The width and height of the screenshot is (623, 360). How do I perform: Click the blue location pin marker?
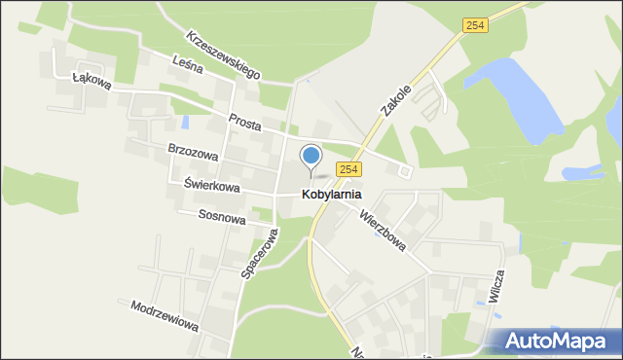tap(311, 157)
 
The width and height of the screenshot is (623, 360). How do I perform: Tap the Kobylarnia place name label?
tap(317, 195)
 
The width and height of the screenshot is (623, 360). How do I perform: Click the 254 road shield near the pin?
tap(350, 169)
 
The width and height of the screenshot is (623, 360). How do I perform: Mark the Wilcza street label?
tap(498, 288)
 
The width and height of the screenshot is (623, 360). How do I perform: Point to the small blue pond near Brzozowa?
tap(184, 125)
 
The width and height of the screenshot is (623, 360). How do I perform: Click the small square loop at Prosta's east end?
tap(405, 171)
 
